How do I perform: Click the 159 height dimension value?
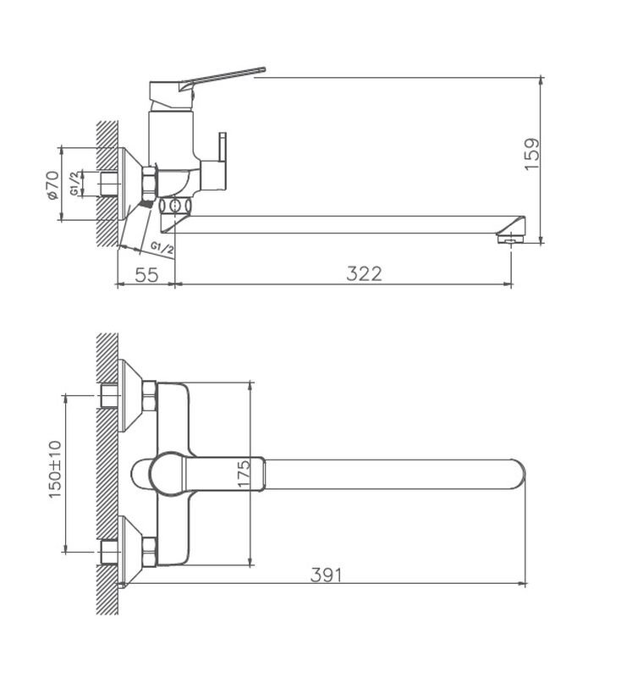tap(531, 154)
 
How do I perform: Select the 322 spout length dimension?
tap(364, 273)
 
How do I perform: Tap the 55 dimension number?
tap(146, 274)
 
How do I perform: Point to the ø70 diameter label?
tap(52, 185)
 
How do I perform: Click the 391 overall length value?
tap(326, 575)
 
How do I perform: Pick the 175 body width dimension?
tap(245, 474)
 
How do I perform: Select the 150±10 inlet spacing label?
tap(55, 470)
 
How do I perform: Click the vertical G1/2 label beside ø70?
tap(75, 184)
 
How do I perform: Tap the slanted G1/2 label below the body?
tap(162, 247)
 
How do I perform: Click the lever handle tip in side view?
tap(263, 69)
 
